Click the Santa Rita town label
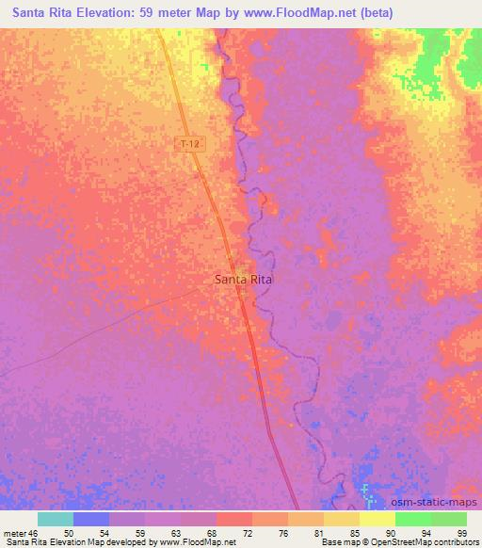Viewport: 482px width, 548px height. [244, 280]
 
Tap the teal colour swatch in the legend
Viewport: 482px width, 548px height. [56, 519]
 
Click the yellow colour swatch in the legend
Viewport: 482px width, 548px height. [378, 519]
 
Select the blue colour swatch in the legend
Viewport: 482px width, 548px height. [91, 519]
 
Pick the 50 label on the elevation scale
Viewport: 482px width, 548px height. [69, 533]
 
